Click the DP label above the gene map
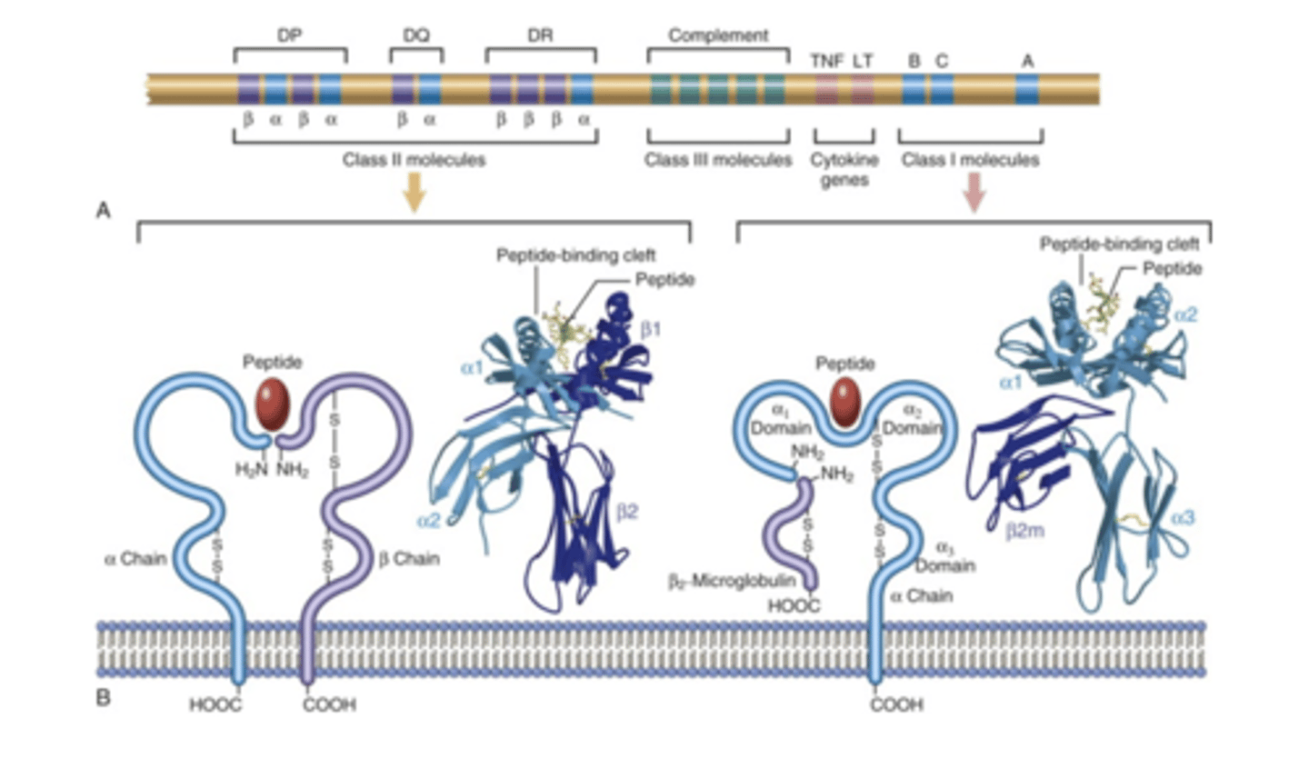coord(290,35)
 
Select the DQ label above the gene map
coord(416,35)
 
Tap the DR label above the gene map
coord(541,35)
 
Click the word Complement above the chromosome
coord(718,35)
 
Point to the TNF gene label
coord(826,61)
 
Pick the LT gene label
coord(863,61)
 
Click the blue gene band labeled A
coord(1027,89)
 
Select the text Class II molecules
coord(414,160)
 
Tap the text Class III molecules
coord(718,160)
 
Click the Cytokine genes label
coord(841,169)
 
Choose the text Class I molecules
coord(971,160)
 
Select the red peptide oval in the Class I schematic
coord(846,403)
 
